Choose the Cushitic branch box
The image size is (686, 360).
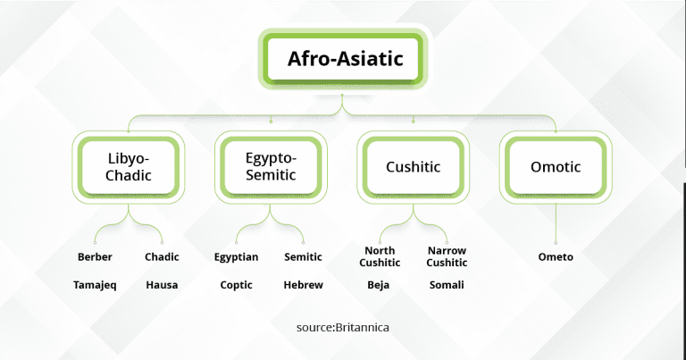point(413,166)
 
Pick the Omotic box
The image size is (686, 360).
point(556,166)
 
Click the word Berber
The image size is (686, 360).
point(95,257)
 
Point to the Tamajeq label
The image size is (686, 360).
point(95,285)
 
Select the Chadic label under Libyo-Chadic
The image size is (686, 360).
point(162,257)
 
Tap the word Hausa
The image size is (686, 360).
point(162,285)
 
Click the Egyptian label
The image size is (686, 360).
point(237,257)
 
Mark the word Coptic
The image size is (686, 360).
point(237,285)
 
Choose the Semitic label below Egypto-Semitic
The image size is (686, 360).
point(303,257)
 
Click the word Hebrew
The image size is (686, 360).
point(303,285)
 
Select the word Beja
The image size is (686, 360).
point(379,285)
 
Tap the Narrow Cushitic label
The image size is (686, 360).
point(447,257)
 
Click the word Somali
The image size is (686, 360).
point(447,285)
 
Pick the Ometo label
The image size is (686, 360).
point(556,257)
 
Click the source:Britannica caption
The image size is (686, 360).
point(343,328)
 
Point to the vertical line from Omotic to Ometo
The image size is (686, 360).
point(556,222)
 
